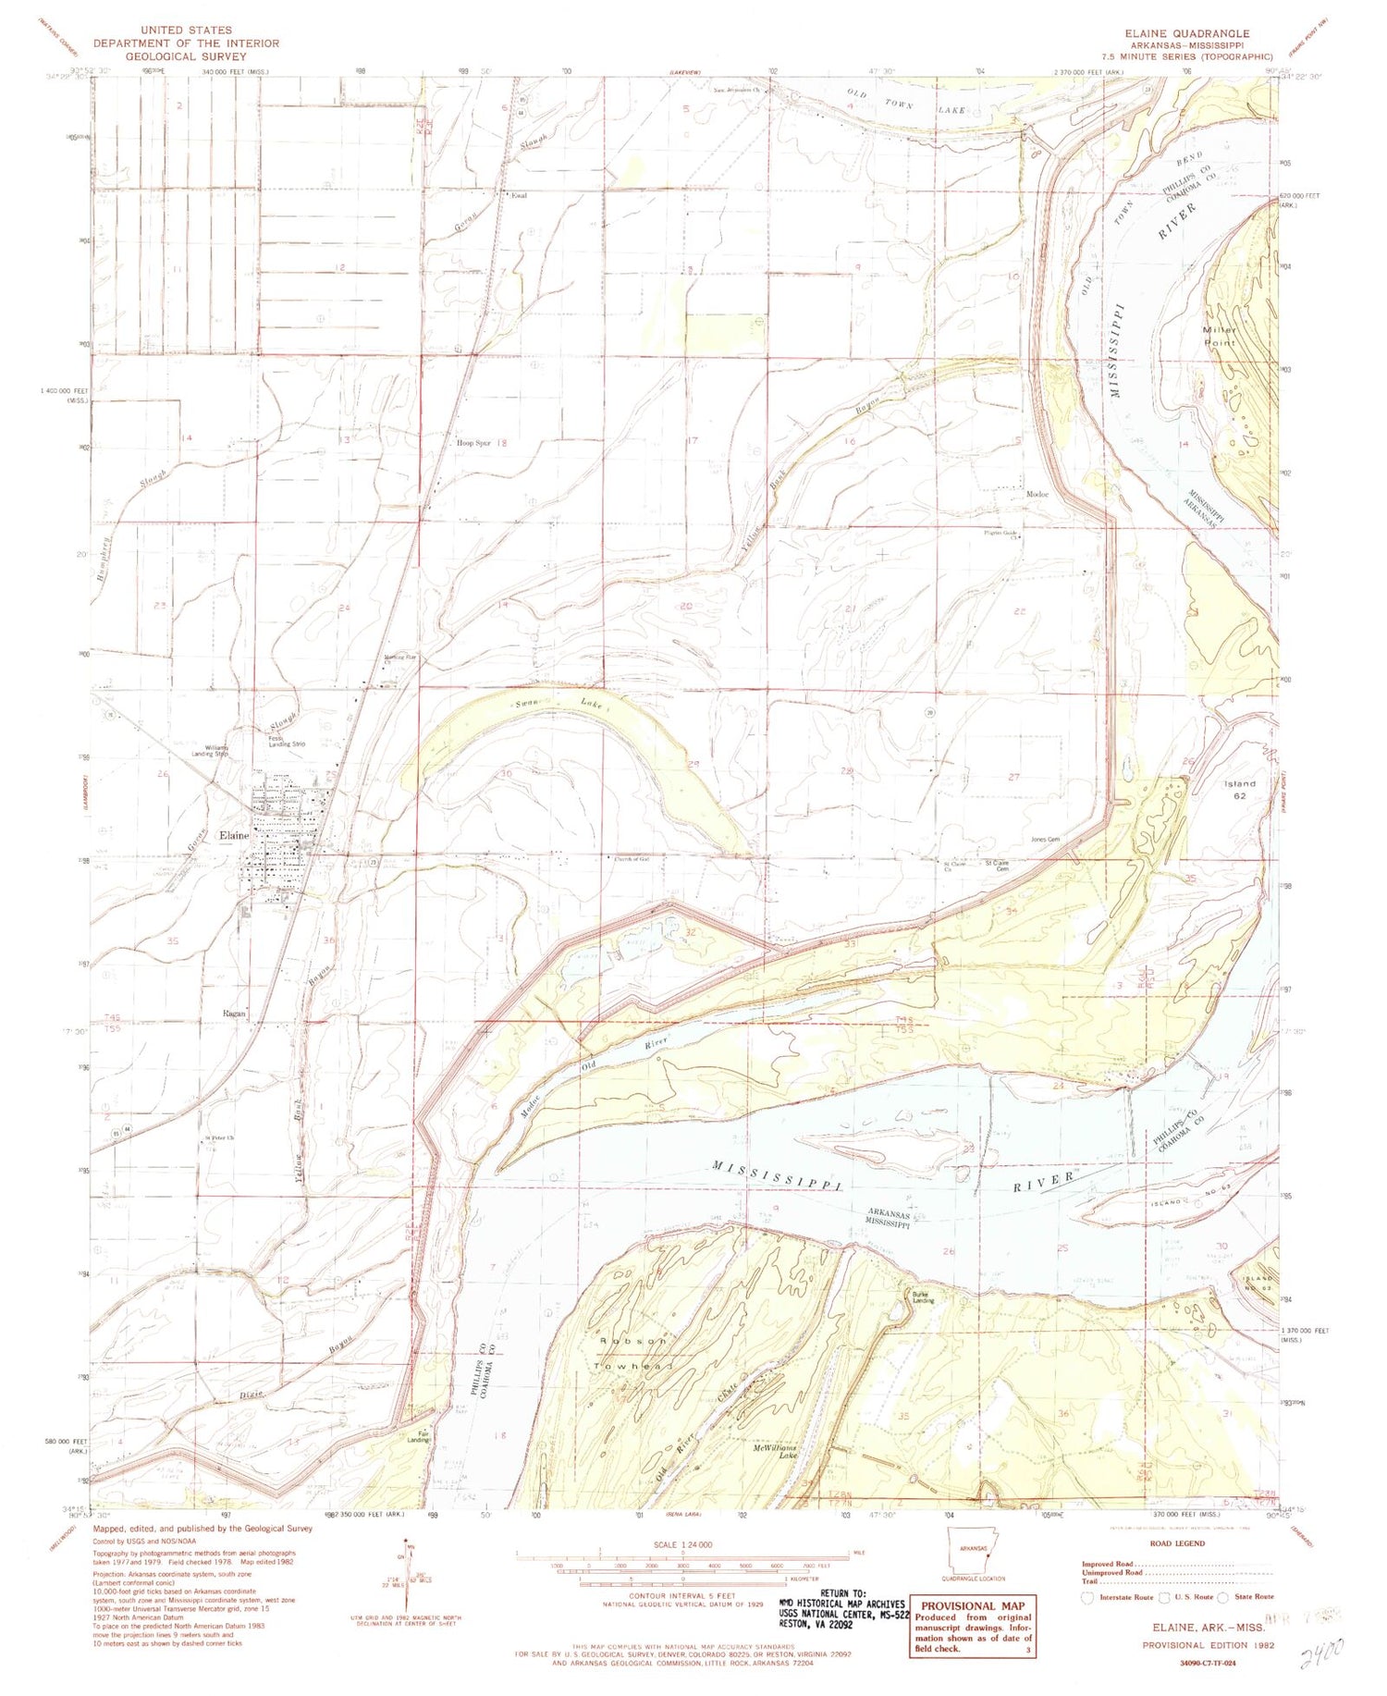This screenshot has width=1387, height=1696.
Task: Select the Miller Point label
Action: click(x=1219, y=337)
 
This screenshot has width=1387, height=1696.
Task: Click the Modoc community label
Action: click(x=1037, y=495)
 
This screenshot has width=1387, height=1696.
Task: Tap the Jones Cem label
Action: click(x=1044, y=840)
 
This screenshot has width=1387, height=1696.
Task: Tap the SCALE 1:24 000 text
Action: click(x=683, y=1544)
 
